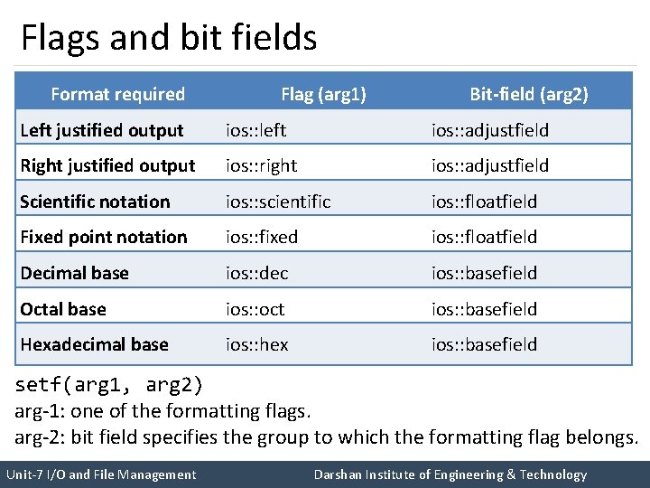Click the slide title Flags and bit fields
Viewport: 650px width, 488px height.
[x=169, y=38]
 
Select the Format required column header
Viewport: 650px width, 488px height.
[x=117, y=94]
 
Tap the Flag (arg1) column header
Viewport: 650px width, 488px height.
[x=323, y=94]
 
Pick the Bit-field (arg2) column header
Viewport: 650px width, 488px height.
[x=529, y=94]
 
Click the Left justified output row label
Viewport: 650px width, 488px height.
[x=101, y=130]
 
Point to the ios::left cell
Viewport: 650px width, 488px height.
[x=255, y=130]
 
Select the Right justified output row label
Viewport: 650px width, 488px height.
[x=107, y=165]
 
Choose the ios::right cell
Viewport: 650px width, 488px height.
[x=261, y=165]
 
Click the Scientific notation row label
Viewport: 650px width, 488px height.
[x=95, y=202]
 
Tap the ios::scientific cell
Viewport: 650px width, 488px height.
[x=278, y=202]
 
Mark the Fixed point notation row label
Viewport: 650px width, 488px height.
[x=104, y=237]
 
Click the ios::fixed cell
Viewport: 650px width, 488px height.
[x=262, y=237]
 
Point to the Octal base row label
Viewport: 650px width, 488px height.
[x=63, y=309]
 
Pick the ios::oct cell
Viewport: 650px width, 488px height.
[x=255, y=309]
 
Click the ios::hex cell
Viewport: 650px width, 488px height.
[x=256, y=344]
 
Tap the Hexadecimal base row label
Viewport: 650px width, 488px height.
[x=94, y=344]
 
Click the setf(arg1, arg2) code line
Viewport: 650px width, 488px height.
[x=109, y=385]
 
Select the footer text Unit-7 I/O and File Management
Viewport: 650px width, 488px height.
[x=100, y=474]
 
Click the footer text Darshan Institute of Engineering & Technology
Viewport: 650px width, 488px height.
[x=450, y=474]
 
